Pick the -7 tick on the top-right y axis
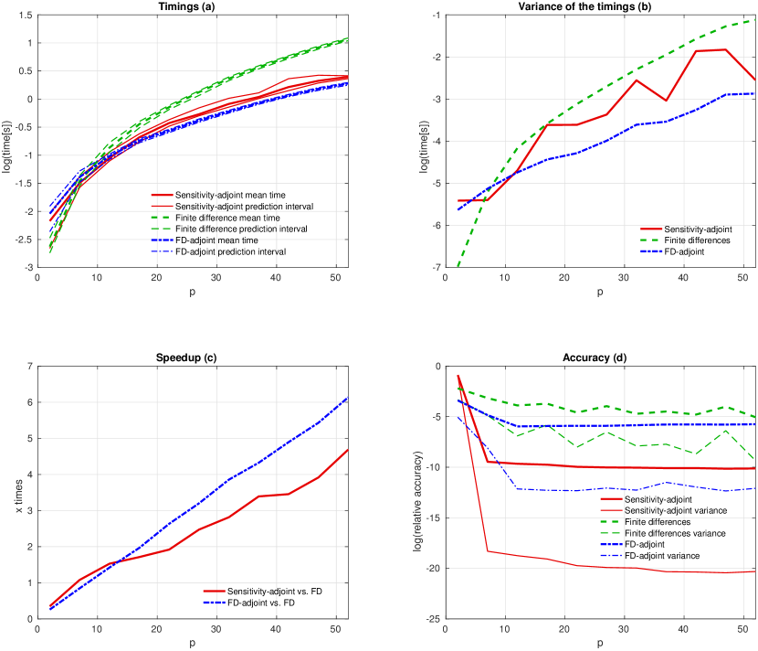point(435,268)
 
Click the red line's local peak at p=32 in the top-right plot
point(637,80)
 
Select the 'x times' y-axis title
point(19,493)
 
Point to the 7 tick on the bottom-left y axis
point(29,367)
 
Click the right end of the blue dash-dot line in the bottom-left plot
point(348,397)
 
